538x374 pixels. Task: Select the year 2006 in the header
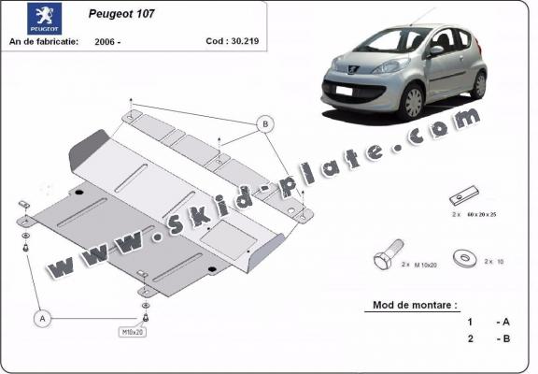107,43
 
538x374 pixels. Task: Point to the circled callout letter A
41,319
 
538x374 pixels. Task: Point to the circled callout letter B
265,124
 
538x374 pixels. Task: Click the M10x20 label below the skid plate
133,332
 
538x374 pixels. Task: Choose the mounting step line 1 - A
488,322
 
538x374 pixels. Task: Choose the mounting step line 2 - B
488,338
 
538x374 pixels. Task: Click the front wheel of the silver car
414,99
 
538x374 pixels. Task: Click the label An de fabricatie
41,43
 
